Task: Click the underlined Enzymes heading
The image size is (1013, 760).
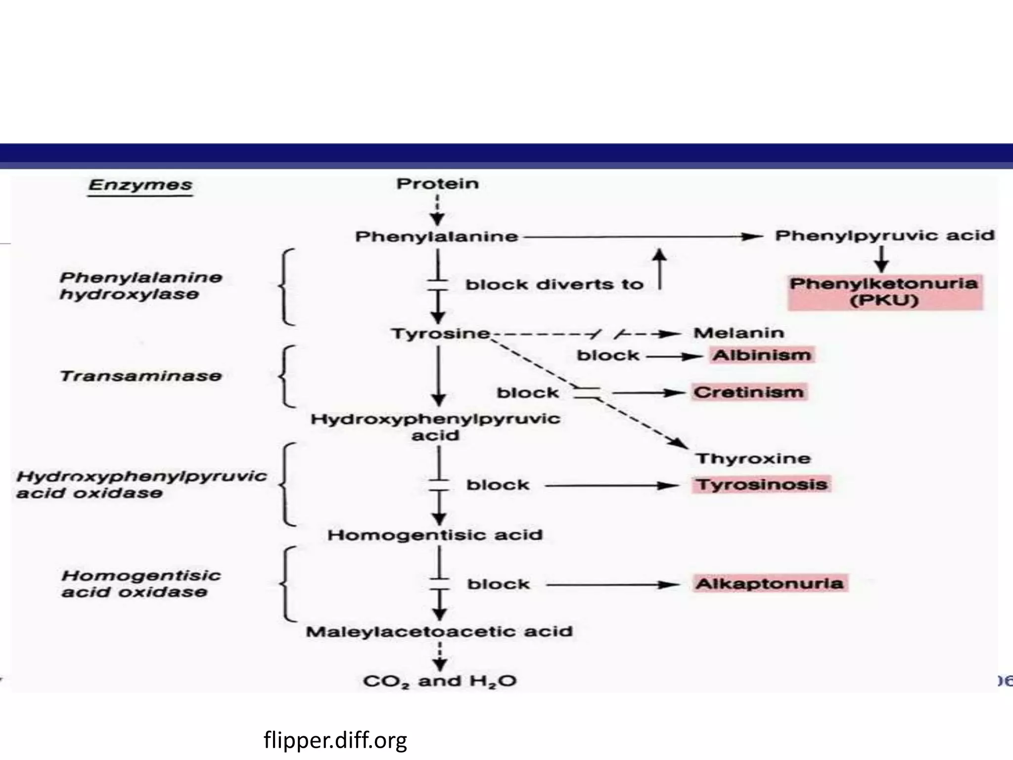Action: point(140,186)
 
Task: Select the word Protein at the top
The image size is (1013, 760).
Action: point(438,184)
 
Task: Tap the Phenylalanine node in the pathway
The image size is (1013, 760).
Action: point(437,237)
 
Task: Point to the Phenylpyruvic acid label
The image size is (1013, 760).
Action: point(884,236)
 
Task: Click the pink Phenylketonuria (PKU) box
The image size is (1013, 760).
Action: point(884,292)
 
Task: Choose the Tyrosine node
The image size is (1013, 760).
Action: point(441,333)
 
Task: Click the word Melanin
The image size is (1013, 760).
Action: point(739,332)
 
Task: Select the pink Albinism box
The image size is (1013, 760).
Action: point(762,355)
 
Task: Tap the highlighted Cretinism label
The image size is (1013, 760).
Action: point(749,392)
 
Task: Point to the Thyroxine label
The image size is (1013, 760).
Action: point(753,459)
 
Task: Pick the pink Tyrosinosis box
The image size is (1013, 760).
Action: point(762,484)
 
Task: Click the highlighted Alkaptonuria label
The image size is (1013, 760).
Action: point(770,583)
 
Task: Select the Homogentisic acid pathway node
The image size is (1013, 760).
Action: point(435,535)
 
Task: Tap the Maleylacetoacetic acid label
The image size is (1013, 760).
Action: point(439,631)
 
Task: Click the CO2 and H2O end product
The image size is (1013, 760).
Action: point(440,681)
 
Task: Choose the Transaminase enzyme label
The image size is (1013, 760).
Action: point(141,376)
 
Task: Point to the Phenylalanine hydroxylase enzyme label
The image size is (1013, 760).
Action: point(141,286)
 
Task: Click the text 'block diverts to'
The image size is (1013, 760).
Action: point(554,285)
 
